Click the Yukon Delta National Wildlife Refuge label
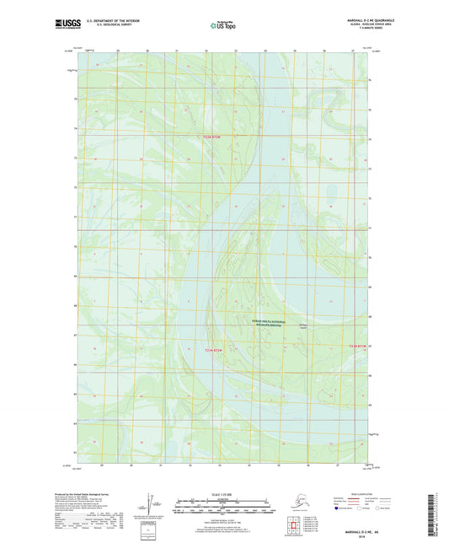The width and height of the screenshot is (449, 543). click(269, 322)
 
